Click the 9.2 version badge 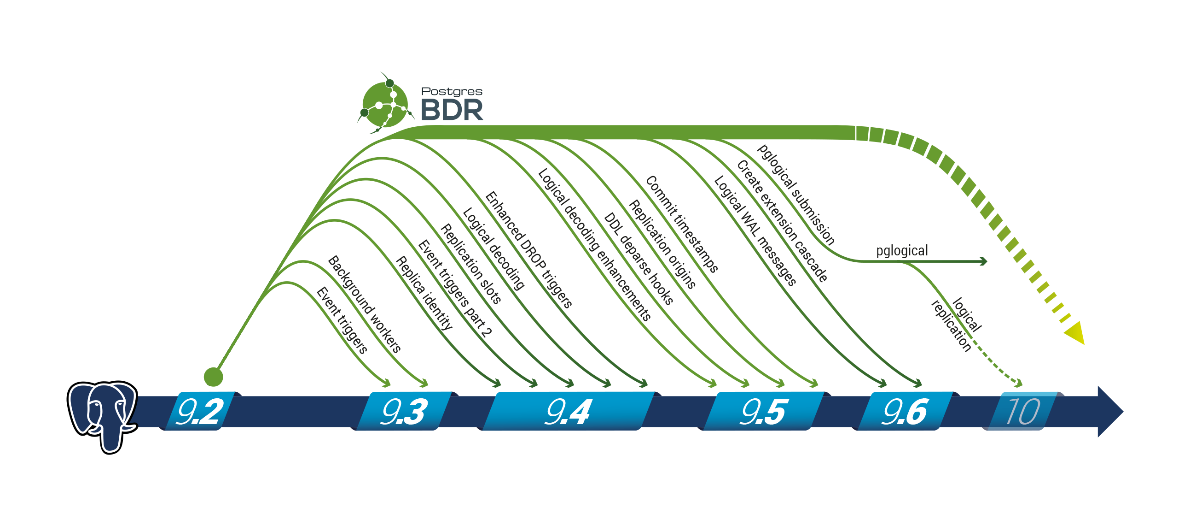pos(200,411)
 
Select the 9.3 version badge pos(403,411)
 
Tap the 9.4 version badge pos(568,411)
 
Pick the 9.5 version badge pos(763,411)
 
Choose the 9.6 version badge pos(904,411)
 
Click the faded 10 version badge pos(1022,411)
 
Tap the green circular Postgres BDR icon pos(385,105)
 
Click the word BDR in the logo pos(451,110)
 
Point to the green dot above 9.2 pos(214,377)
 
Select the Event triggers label pos(342,320)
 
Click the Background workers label pos(365,304)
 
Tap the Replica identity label pos(424,293)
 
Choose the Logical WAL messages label pos(755,230)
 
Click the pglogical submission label pos(796,194)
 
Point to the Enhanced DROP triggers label pos(528,249)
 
